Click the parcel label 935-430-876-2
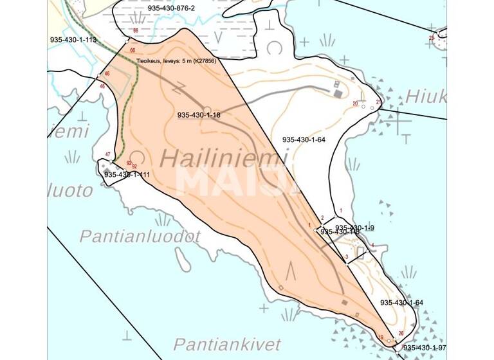pos(170,8)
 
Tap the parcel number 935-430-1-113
pos(73,40)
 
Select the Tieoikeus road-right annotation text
pos(175,61)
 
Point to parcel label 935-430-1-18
pos(199,115)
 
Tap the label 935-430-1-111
pos(127,175)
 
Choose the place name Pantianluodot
pos(140,236)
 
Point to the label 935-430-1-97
pos(425,347)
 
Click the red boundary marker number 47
pos(108,154)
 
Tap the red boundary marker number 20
pos(355,104)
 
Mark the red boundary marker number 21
pos(378,102)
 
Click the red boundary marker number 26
pos(401,333)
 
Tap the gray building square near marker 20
pos(338,94)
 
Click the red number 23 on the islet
pos(431,38)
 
